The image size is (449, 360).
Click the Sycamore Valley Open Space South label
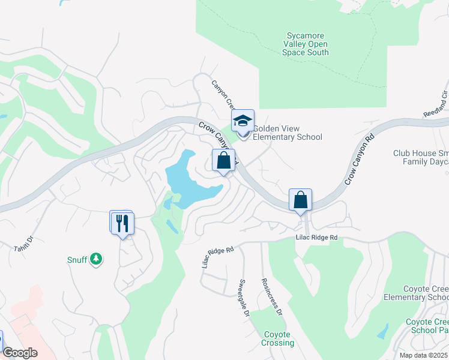coord(306,44)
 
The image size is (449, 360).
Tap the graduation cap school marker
coord(243,121)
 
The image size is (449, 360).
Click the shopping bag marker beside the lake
coord(223,160)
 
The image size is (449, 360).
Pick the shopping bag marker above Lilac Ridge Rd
coord(300,200)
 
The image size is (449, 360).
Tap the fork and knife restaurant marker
coord(122,223)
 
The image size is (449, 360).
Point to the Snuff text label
coord(76,260)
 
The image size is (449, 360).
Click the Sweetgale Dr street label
coord(244,298)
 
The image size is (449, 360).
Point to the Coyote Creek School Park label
coord(427,326)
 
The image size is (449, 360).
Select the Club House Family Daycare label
coord(421,157)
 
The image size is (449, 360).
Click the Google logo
coord(20,353)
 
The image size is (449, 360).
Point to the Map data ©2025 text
coord(423,355)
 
